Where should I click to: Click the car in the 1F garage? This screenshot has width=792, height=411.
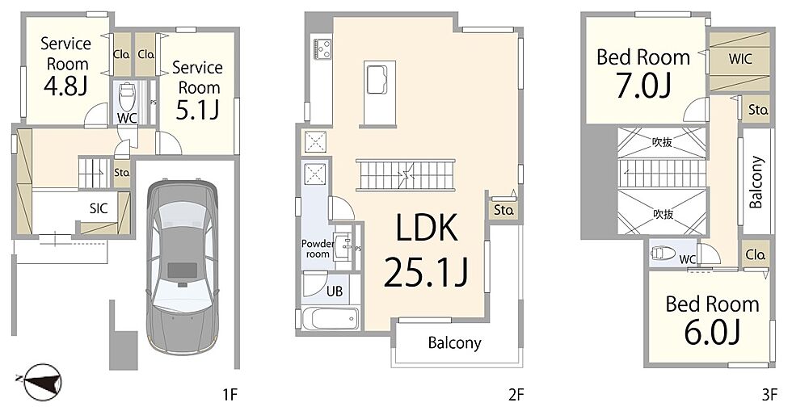pos(183,267)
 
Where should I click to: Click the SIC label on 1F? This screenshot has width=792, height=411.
pos(99,208)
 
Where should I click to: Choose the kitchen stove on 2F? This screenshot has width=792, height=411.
pos(322,49)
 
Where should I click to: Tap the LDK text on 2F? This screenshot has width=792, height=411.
pos(427,228)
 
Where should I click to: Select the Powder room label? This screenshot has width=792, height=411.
pos(318,249)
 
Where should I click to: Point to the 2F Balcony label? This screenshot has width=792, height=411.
pos(454,343)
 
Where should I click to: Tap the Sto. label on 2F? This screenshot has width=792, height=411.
pos(503,210)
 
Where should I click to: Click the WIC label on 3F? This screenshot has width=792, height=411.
pos(740,59)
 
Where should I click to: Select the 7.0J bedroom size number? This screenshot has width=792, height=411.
pos(643,86)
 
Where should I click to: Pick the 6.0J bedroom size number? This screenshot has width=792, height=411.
pos(712,332)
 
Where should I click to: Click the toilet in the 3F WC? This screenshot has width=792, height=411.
pos(664,253)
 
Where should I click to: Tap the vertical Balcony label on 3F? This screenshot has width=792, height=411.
pos(756,182)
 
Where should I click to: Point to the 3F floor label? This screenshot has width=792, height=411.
pos(769,394)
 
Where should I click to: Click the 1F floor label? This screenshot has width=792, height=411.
pos(230,394)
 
